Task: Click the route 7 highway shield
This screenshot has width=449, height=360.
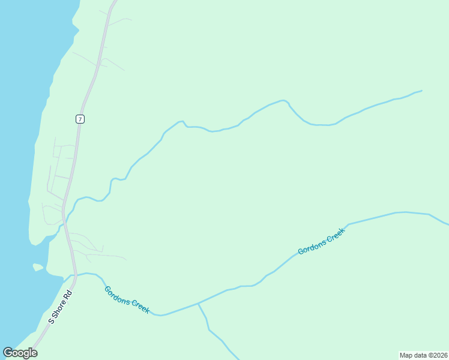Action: [80, 119]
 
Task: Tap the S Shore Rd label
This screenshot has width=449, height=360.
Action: [60, 307]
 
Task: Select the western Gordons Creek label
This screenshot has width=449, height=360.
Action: [127, 299]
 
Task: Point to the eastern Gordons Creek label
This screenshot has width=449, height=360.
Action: [322, 241]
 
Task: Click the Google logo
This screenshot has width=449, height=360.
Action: [20, 353]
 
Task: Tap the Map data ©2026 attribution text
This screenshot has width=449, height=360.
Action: [423, 355]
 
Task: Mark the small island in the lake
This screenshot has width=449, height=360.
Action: [38, 267]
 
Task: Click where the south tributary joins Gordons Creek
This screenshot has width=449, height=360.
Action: [198, 304]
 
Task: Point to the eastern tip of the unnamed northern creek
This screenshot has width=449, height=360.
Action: [421, 91]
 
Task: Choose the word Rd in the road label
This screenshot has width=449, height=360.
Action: [68, 295]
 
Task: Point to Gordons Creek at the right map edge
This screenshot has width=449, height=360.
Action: [447, 224]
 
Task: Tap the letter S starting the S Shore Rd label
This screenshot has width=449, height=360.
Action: [51, 321]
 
